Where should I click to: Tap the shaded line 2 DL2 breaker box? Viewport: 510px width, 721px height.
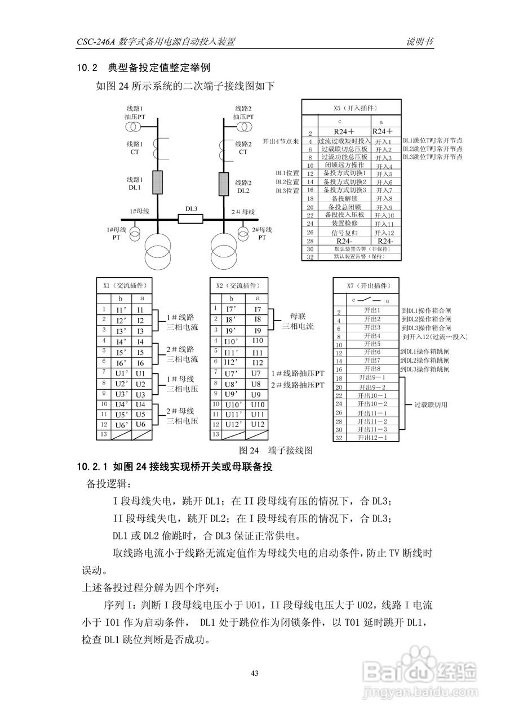223,183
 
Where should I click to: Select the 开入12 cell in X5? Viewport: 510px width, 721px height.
384,233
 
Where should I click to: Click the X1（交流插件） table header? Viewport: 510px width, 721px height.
123,286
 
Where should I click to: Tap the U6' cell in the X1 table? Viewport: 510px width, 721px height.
122,424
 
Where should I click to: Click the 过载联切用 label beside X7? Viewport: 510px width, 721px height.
430,404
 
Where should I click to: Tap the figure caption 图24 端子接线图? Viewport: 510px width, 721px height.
276,450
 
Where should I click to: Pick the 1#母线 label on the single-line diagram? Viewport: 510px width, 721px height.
139,211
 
